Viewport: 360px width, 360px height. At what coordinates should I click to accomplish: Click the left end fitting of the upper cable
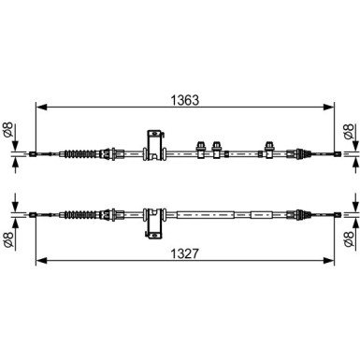[x=33, y=152]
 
